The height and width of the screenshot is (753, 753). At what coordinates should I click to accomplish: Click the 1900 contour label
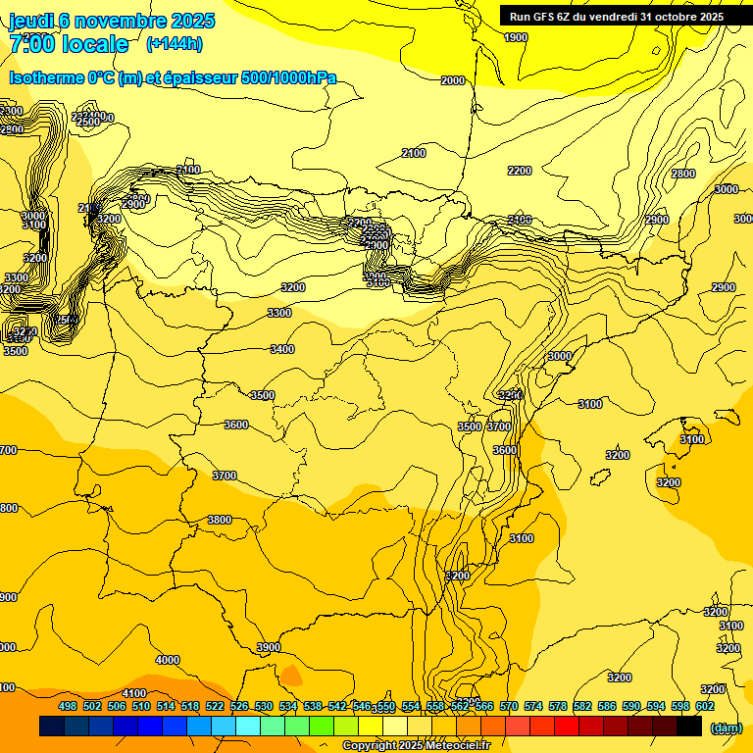tap(516, 37)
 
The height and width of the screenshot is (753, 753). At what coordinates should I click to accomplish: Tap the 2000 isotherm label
tap(453, 81)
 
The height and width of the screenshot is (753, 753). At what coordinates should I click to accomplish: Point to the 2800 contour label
tap(682, 174)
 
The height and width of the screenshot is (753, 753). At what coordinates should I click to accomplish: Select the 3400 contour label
tap(282, 349)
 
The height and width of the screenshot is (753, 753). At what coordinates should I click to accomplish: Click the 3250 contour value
tap(511, 395)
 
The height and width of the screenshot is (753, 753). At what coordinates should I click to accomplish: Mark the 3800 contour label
tap(220, 520)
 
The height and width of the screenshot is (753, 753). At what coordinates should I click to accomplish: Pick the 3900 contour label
tap(269, 647)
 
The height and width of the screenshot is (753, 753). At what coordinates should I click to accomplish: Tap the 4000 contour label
tap(168, 660)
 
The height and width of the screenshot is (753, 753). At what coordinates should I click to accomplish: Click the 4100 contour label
tap(134, 693)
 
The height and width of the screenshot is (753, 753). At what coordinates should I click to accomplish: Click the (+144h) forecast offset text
tap(174, 44)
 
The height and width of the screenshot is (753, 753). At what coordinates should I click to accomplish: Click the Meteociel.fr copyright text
tap(416, 746)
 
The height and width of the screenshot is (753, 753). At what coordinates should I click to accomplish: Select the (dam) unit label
tap(727, 728)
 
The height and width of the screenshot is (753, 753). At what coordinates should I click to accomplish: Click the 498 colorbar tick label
tap(68, 706)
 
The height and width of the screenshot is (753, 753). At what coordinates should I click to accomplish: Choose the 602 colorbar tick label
tap(705, 706)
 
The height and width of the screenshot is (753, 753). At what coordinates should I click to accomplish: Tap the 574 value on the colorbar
tap(533, 706)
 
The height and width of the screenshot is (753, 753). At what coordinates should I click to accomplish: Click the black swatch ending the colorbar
tap(689, 727)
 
